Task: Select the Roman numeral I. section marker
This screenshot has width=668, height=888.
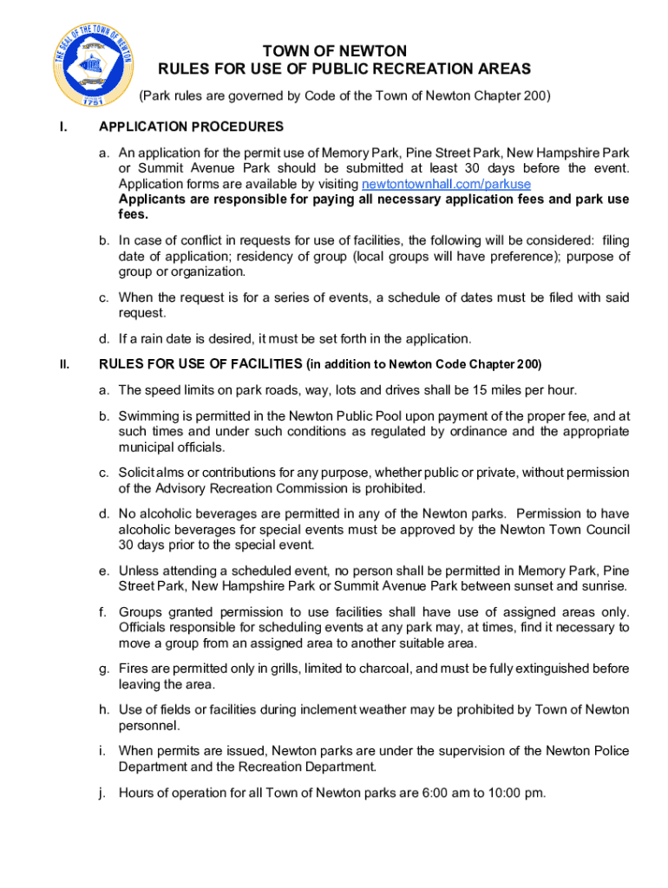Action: point(62,127)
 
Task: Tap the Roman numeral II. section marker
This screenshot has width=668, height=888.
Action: point(64,363)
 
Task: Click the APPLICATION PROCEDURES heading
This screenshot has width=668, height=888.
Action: point(191,127)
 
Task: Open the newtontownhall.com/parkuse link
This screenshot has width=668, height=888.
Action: point(446,184)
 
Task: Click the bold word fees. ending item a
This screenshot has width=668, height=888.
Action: point(134,215)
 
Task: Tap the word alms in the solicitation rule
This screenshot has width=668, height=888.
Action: point(179,473)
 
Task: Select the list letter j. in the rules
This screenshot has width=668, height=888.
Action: point(102,792)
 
